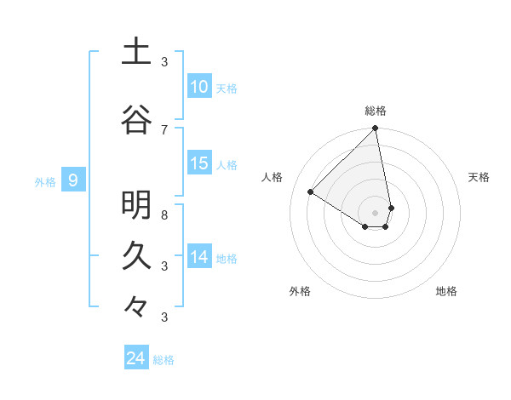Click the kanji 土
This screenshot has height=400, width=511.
(x=136, y=51)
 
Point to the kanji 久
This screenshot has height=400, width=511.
(x=136, y=255)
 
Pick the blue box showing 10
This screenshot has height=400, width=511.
(x=198, y=87)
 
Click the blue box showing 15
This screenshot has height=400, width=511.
(x=198, y=163)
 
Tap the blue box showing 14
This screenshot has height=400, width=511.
(x=198, y=257)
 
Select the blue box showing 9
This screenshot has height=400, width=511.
(x=73, y=180)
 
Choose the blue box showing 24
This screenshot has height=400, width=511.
(x=135, y=358)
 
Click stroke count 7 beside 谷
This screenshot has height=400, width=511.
(x=164, y=129)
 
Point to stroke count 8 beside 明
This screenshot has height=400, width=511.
(x=164, y=215)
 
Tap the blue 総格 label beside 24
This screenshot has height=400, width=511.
(x=164, y=360)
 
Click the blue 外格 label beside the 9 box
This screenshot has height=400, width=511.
(x=44, y=181)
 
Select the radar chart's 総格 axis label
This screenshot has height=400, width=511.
(x=376, y=111)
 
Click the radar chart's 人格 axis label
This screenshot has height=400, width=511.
(x=273, y=177)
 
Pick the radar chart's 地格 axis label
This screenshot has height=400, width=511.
(x=446, y=291)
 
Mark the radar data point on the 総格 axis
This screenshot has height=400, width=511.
(x=376, y=129)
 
